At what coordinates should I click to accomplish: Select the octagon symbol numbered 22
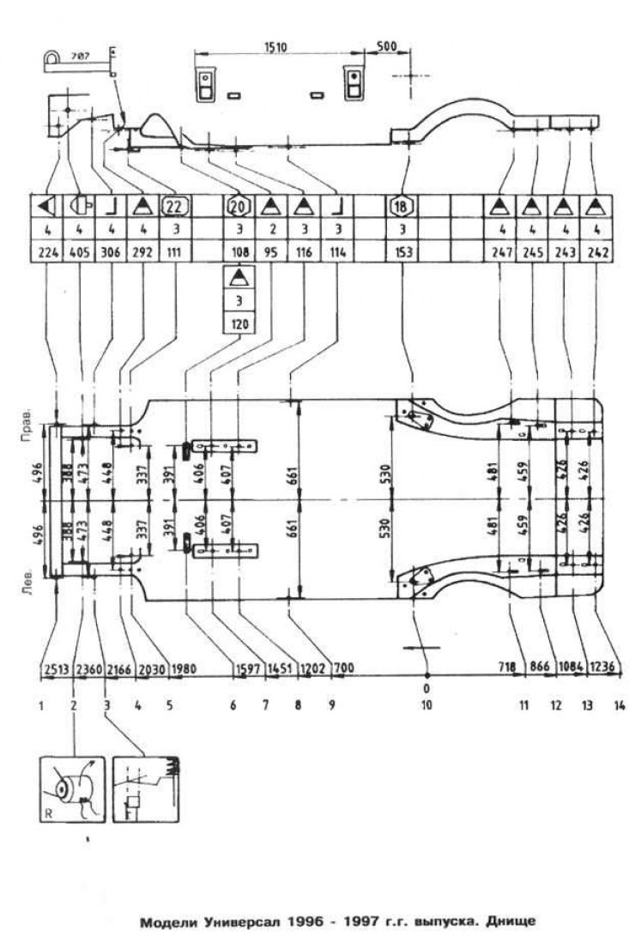(174, 206)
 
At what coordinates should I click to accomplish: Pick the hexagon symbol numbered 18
(401, 206)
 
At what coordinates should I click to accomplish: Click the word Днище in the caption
(511, 923)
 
